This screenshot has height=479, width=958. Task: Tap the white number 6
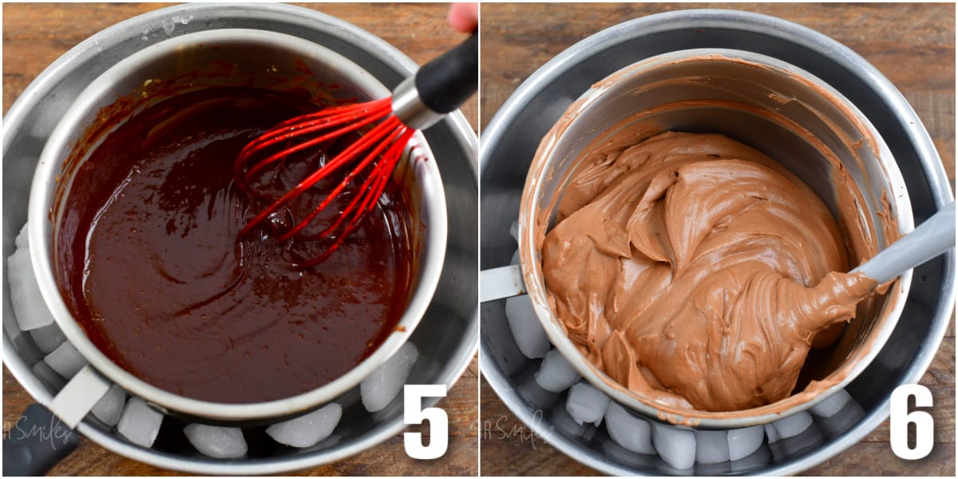point(911,421)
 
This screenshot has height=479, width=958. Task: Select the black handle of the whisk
point(447,76)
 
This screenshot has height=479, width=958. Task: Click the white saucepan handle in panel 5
point(80,395)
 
